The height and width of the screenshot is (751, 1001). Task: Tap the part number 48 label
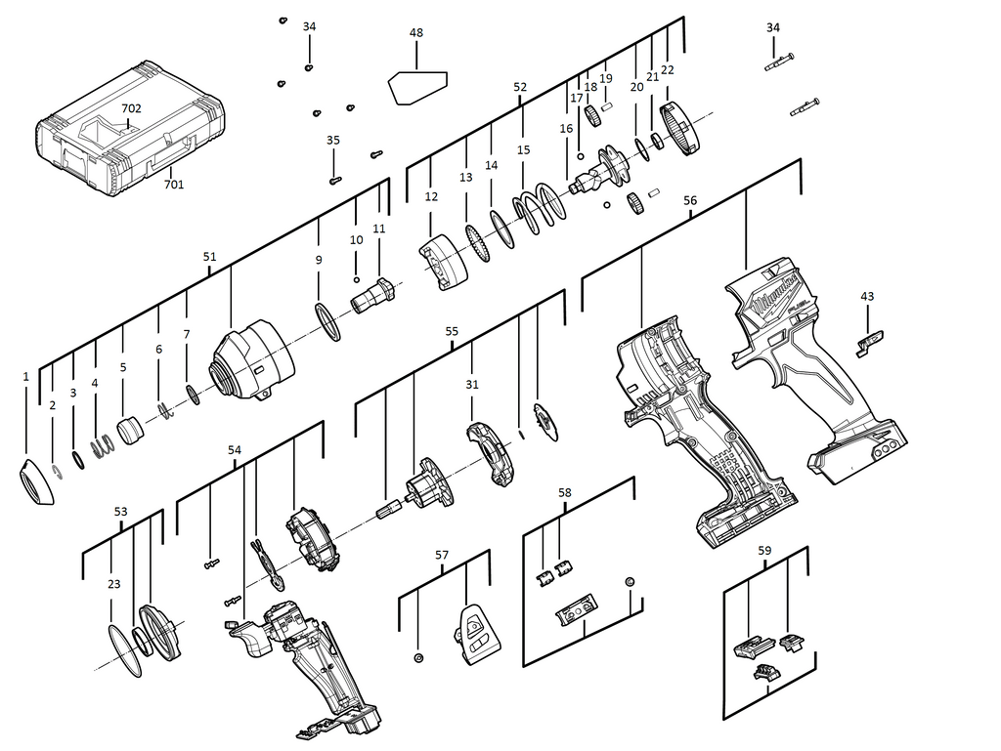(x=416, y=33)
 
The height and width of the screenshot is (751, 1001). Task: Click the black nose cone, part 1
(x=35, y=481)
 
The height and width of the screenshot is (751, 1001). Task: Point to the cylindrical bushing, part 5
(x=128, y=430)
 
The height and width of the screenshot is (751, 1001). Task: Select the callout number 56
(x=690, y=200)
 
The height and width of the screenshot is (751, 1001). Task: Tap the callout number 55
(x=452, y=332)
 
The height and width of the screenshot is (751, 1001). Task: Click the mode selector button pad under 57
(x=477, y=630)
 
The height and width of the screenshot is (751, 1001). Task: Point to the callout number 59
(x=764, y=551)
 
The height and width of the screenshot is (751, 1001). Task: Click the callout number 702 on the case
(x=131, y=108)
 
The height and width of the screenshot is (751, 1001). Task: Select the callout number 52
(x=520, y=87)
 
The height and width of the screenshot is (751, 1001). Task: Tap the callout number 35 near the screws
(x=333, y=141)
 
